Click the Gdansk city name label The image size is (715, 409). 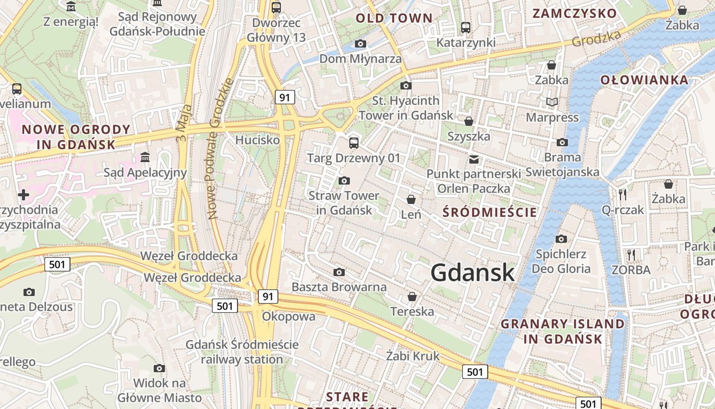[x=472, y=272]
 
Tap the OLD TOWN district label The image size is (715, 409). [x=394, y=18]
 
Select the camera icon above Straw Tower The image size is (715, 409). [x=344, y=180]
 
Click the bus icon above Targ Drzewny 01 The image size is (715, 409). [x=353, y=143]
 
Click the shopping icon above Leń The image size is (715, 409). [x=411, y=199]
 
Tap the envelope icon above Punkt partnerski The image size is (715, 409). [x=474, y=159]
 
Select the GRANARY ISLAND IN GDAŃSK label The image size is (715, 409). [x=562, y=331]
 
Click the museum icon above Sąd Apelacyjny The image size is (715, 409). [x=145, y=156]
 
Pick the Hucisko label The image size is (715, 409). [x=257, y=140]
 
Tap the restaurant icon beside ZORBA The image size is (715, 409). [x=631, y=254]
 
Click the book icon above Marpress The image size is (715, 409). [x=552, y=102]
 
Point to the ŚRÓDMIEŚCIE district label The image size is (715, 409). [x=490, y=212]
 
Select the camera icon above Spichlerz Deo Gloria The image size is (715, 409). [x=561, y=239]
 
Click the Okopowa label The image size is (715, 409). [x=289, y=316]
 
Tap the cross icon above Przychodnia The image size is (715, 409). [x=23, y=194]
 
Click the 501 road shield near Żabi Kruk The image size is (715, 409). [x=475, y=372]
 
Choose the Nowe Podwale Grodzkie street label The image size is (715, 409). [x=221, y=149]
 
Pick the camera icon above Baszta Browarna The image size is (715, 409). [x=339, y=272]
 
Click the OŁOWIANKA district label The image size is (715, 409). [x=644, y=80]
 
